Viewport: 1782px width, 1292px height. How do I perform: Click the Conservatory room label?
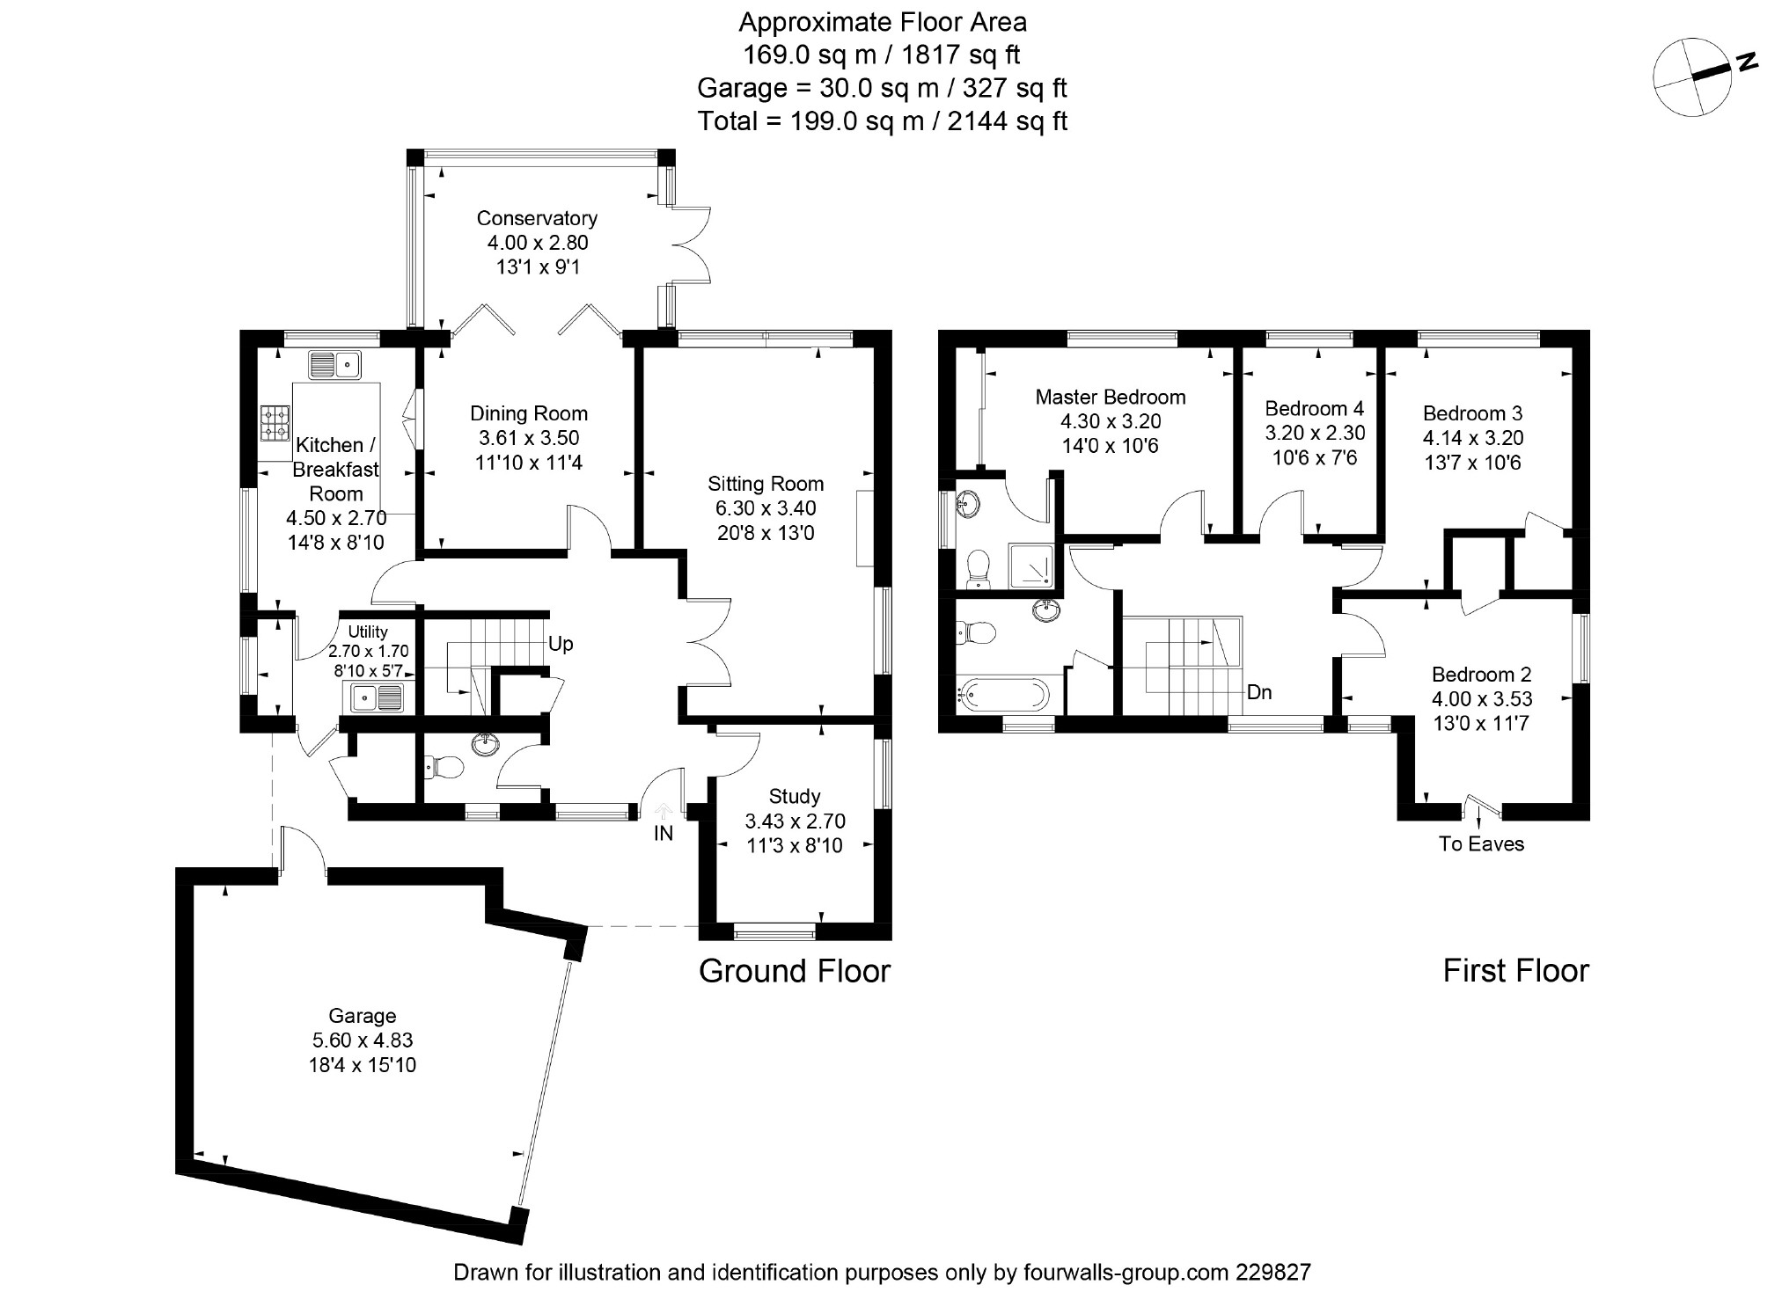(537, 218)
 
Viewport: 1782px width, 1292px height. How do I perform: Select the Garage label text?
(362, 1016)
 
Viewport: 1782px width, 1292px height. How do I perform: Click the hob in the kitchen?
(275, 422)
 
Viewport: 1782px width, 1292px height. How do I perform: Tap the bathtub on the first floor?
(1003, 695)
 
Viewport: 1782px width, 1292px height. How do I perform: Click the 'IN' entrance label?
(663, 833)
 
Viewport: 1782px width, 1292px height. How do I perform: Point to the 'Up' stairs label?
(561, 644)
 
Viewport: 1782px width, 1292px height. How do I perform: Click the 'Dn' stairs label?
(1259, 692)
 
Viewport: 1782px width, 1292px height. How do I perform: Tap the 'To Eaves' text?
(1481, 844)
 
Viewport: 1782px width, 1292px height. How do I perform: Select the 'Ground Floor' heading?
(795, 971)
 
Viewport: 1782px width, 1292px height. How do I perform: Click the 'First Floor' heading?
(1515, 971)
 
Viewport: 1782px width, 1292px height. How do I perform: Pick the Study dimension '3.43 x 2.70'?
(795, 821)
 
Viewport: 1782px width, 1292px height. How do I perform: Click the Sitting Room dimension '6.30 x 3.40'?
(766, 508)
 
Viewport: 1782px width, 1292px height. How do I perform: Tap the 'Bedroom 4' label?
(1314, 409)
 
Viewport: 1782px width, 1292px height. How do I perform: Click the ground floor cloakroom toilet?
(444, 768)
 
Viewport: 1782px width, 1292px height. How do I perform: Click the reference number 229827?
(1272, 1272)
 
